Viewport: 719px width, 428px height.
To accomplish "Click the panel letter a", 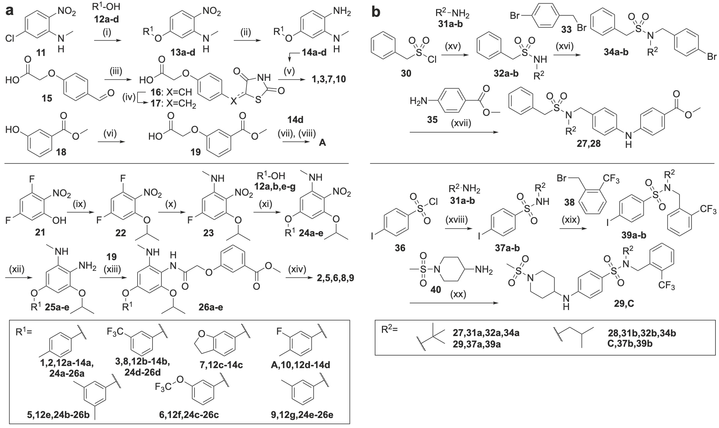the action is tap(10, 11).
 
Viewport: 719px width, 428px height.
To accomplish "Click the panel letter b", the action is tap(376, 11).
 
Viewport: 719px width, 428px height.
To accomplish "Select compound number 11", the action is tap(41, 53).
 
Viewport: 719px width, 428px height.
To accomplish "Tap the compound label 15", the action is tap(47, 98).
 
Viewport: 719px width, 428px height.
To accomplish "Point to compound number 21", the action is tap(40, 232).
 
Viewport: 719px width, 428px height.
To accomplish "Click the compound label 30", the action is tap(406, 73).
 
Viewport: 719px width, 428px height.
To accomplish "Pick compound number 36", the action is tap(400, 248).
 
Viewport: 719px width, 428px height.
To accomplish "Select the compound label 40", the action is tap(435, 290).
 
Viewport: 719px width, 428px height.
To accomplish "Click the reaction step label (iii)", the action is tap(116, 71).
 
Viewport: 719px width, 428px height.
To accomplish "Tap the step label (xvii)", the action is tap(461, 123).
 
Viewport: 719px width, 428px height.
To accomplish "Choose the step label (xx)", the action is tap(458, 294).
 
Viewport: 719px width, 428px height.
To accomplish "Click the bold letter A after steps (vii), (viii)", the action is tap(322, 143).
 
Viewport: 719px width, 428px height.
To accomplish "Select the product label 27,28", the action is tap(589, 144).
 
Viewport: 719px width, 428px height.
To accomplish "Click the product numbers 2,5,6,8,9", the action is tap(335, 278).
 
